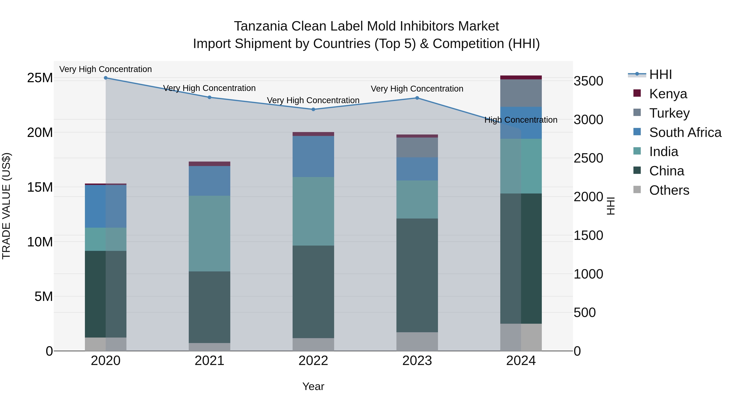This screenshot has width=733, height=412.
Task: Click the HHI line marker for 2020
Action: [105, 78]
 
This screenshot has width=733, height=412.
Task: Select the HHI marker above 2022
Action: [313, 109]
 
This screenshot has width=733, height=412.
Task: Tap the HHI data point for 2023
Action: [417, 98]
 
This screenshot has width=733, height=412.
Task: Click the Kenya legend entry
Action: [668, 94]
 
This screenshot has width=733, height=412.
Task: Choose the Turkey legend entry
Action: [669, 113]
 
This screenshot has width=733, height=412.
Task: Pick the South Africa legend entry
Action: [685, 132]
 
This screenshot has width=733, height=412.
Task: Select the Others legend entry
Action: [669, 190]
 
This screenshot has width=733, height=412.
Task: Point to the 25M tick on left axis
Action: [40, 78]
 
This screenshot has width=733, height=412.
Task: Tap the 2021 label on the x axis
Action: [210, 361]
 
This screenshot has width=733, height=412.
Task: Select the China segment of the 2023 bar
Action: [417, 275]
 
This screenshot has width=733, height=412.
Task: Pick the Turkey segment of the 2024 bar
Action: [521, 93]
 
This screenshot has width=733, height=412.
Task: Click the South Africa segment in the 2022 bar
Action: [313, 156]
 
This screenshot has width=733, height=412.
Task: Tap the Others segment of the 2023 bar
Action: [417, 341]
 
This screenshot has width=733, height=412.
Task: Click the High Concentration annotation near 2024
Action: [521, 120]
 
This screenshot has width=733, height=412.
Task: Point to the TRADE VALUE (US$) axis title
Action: [6, 206]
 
